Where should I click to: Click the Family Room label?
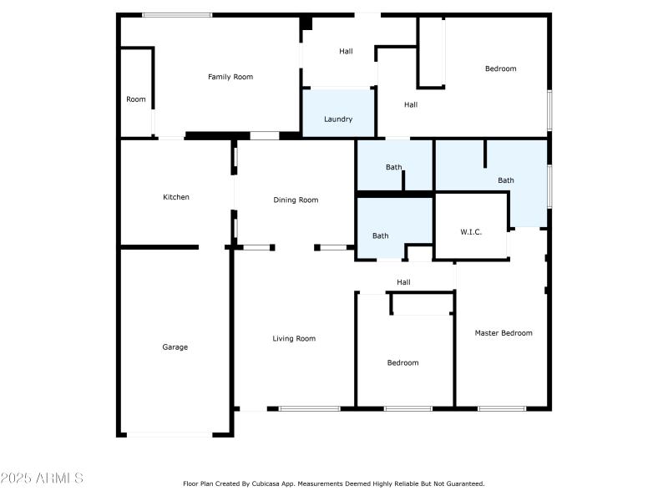coord(230,77)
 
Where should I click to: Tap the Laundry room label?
coord(338,119)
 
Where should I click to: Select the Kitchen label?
coord(176,197)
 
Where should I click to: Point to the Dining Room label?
coord(296,200)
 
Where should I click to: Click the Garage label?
coord(175,347)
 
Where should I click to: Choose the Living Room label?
coord(294,338)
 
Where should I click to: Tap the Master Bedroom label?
coord(504,333)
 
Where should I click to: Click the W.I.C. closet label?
coord(471,231)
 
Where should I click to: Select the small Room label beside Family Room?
coord(136,99)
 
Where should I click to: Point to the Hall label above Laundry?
coord(346,51)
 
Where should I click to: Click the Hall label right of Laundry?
coord(411,104)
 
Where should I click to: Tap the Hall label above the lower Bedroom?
coord(404,282)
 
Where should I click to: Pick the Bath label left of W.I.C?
coord(381,235)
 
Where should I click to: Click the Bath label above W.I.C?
coord(506,180)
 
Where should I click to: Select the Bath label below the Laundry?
coord(394,167)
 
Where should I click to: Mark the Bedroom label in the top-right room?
coord(501,68)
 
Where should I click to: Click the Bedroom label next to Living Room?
coord(403,362)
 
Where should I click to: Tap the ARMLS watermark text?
coord(42,478)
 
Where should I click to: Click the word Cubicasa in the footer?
coord(284,483)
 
